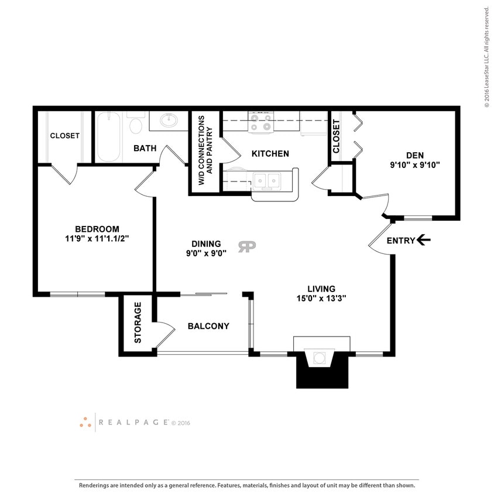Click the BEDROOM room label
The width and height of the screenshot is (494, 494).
pyautogui.click(x=97, y=229)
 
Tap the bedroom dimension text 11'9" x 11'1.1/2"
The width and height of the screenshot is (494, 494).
pyautogui.click(x=97, y=239)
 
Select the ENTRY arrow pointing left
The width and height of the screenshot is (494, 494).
pyautogui.click(x=424, y=240)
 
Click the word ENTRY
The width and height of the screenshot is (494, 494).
pyautogui.click(x=401, y=241)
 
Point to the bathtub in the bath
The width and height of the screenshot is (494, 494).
pyautogui.click(x=108, y=137)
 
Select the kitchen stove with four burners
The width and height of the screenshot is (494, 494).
pyautogui.click(x=261, y=121)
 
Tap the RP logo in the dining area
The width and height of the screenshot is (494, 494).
pyautogui.click(x=246, y=246)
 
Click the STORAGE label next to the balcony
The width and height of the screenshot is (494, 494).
pyautogui.click(x=138, y=323)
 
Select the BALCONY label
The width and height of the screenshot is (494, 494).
pyautogui.click(x=208, y=326)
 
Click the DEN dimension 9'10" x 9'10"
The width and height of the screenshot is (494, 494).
pyautogui.click(x=414, y=165)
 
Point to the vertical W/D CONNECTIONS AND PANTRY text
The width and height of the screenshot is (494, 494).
pyautogui.click(x=205, y=150)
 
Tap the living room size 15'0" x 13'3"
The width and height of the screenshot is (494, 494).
pyautogui.click(x=321, y=299)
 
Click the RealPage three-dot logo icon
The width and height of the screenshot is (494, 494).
pyautogui.click(x=85, y=422)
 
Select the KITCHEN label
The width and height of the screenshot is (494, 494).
pyautogui.click(x=270, y=154)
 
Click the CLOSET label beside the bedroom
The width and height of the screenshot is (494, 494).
pyautogui.click(x=64, y=135)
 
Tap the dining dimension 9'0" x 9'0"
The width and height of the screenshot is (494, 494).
pyautogui.click(x=206, y=254)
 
